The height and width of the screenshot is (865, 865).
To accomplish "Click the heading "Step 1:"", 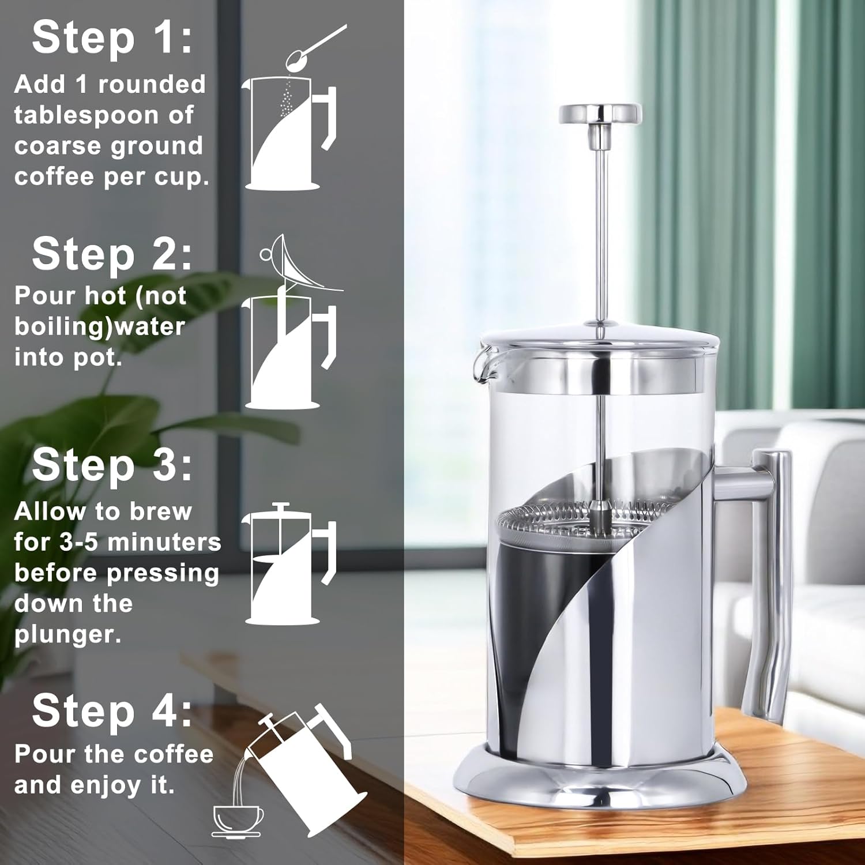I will click(112, 38).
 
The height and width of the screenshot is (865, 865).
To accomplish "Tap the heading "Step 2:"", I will click(112, 254).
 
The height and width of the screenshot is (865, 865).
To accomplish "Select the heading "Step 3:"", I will click(112, 465).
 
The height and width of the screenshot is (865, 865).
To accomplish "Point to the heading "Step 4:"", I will click(112, 710).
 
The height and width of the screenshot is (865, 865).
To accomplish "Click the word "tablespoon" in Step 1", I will click(86, 115).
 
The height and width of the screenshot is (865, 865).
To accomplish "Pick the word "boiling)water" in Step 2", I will click(99, 327).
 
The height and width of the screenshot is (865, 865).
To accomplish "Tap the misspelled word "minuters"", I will click(164, 543).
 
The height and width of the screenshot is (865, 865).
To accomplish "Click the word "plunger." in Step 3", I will click(67, 635).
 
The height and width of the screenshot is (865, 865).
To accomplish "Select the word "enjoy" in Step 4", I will click(106, 785).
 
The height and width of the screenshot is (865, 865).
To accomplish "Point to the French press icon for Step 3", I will click(288, 565).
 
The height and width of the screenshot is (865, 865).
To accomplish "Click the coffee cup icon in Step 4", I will click(238, 819).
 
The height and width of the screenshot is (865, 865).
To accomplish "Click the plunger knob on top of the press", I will click(600, 114).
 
